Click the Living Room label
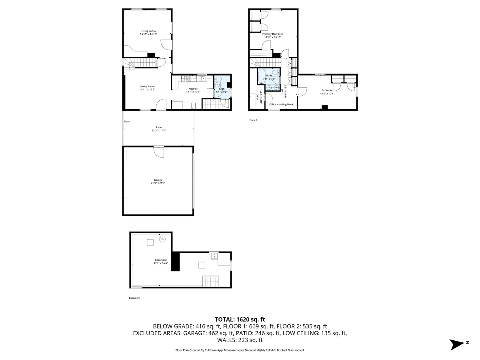(x=148, y=31)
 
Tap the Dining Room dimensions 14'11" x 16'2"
(x=147, y=90)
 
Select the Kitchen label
(x=193, y=88)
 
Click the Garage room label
(x=158, y=180)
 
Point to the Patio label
(x=159, y=127)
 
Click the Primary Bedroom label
(x=272, y=34)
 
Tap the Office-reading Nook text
(x=281, y=104)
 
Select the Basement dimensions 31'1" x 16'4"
(x=160, y=263)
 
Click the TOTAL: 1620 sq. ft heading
(x=240, y=319)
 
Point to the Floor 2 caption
(x=253, y=120)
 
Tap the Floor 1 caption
(x=128, y=121)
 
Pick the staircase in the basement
(x=211, y=281)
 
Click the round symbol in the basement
(x=162, y=239)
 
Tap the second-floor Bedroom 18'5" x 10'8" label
(x=327, y=92)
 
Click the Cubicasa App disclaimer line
(x=240, y=350)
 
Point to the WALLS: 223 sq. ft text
(x=240, y=340)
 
